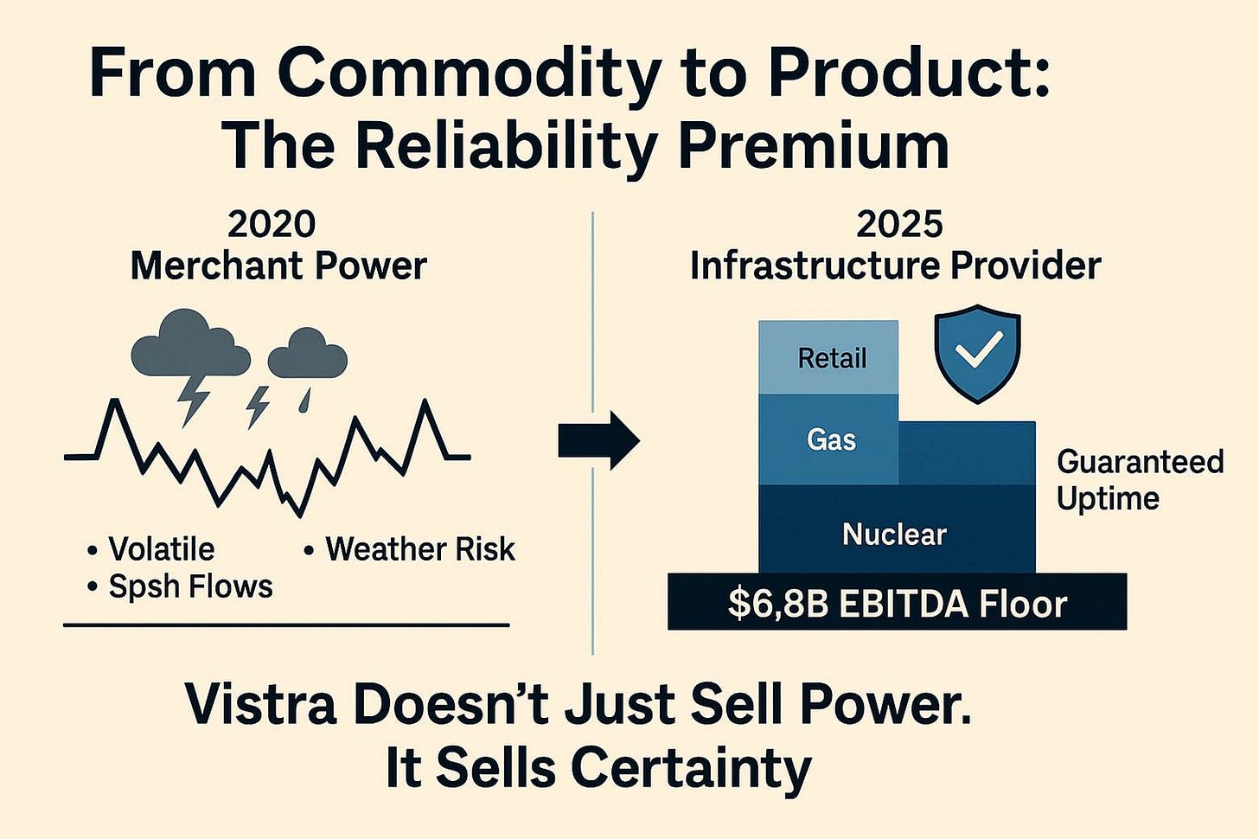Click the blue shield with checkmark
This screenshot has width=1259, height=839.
tap(977, 352)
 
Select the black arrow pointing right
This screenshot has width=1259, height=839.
tap(598, 440)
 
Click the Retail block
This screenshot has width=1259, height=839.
tap(828, 358)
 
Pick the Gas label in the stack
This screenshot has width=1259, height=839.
tap(831, 439)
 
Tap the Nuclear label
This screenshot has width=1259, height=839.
tap(894, 534)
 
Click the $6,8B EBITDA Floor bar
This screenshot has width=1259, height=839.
tap(897, 602)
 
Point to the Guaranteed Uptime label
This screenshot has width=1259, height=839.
tap(1140, 480)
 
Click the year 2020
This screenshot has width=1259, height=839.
tap(272, 224)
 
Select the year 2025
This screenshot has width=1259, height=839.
tap(899, 224)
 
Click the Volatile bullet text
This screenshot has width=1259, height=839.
tap(161, 549)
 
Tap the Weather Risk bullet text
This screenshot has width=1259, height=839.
tap(420, 549)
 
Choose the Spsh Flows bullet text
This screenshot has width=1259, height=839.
tap(190, 586)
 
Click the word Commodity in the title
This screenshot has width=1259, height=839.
tap(470, 74)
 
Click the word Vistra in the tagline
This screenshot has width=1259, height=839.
tap(260, 704)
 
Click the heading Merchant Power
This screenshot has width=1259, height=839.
tap(278, 266)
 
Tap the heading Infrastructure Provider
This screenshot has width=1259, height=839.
tap(895, 266)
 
